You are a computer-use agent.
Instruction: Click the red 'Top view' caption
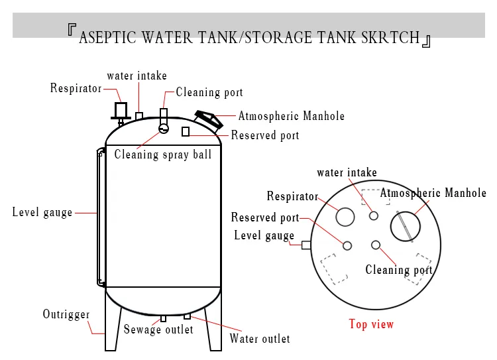[371, 324]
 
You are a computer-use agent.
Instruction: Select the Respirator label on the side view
[76, 88]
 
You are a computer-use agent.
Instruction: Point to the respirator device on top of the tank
[121, 109]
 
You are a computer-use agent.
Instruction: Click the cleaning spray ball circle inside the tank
[164, 128]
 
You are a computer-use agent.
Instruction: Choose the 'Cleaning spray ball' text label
[163, 154]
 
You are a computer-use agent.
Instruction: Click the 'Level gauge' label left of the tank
[42, 213]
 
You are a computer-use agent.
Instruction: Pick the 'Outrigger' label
[66, 314]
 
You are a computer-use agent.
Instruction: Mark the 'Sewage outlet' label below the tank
[158, 330]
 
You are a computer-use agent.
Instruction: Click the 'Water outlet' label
[260, 339]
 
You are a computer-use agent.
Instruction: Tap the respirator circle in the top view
[345, 216]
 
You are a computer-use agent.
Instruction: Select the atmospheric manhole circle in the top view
[405, 226]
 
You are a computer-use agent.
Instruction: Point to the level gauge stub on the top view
[306, 245]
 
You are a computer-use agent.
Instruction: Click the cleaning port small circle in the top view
[376, 245]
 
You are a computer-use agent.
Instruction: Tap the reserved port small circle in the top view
[347, 245]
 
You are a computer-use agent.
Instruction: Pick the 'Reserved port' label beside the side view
[265, 136]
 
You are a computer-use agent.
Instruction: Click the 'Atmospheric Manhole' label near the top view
[433, 194]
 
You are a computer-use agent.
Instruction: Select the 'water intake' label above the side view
[137, 76]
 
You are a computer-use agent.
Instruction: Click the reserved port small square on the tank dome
[186, 132]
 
